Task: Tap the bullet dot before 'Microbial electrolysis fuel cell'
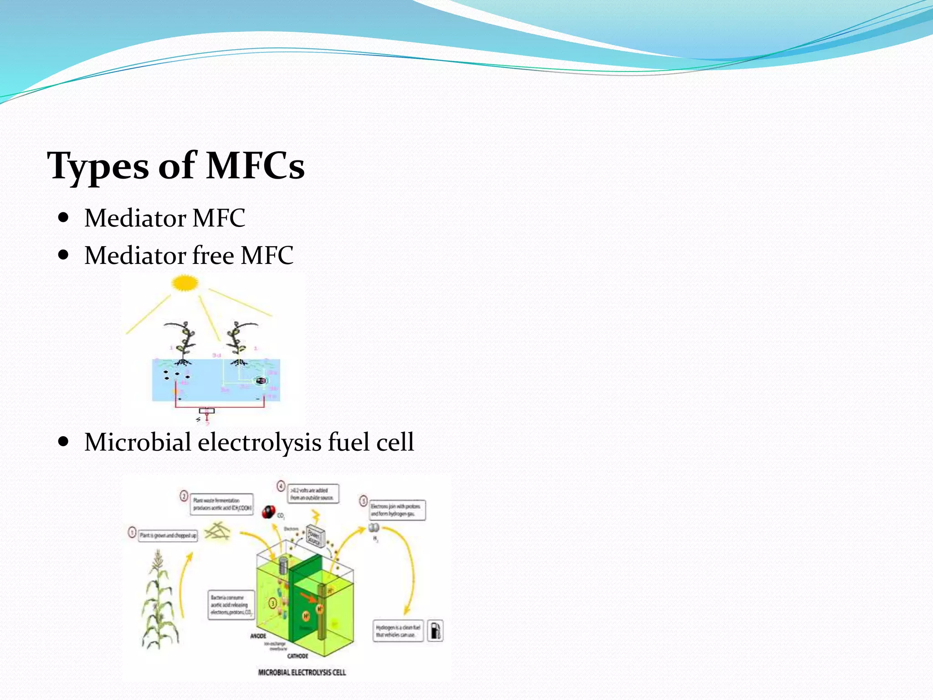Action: tap(64, 441)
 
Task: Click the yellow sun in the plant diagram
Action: tap(185, 283)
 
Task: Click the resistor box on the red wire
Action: tap(207, 411)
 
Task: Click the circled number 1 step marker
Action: tap(132, 533)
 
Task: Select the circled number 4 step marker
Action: tap(281, 486)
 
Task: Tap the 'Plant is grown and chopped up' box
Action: tap(168, 535)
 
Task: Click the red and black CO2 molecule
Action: tap(269, 512)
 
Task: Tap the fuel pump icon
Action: tap(436, 631)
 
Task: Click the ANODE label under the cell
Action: tap(258, 636)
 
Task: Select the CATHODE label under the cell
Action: tap(297, 656)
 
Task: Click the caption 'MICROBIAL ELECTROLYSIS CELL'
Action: tap(302, 672)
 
